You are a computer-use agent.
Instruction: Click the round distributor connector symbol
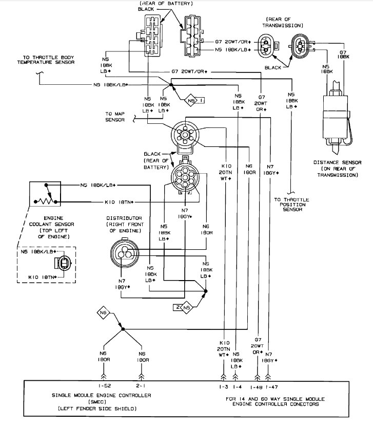point(125,253)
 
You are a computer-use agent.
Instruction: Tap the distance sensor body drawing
point(336,116)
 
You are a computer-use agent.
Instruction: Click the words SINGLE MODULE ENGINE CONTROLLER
point(101,396)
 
